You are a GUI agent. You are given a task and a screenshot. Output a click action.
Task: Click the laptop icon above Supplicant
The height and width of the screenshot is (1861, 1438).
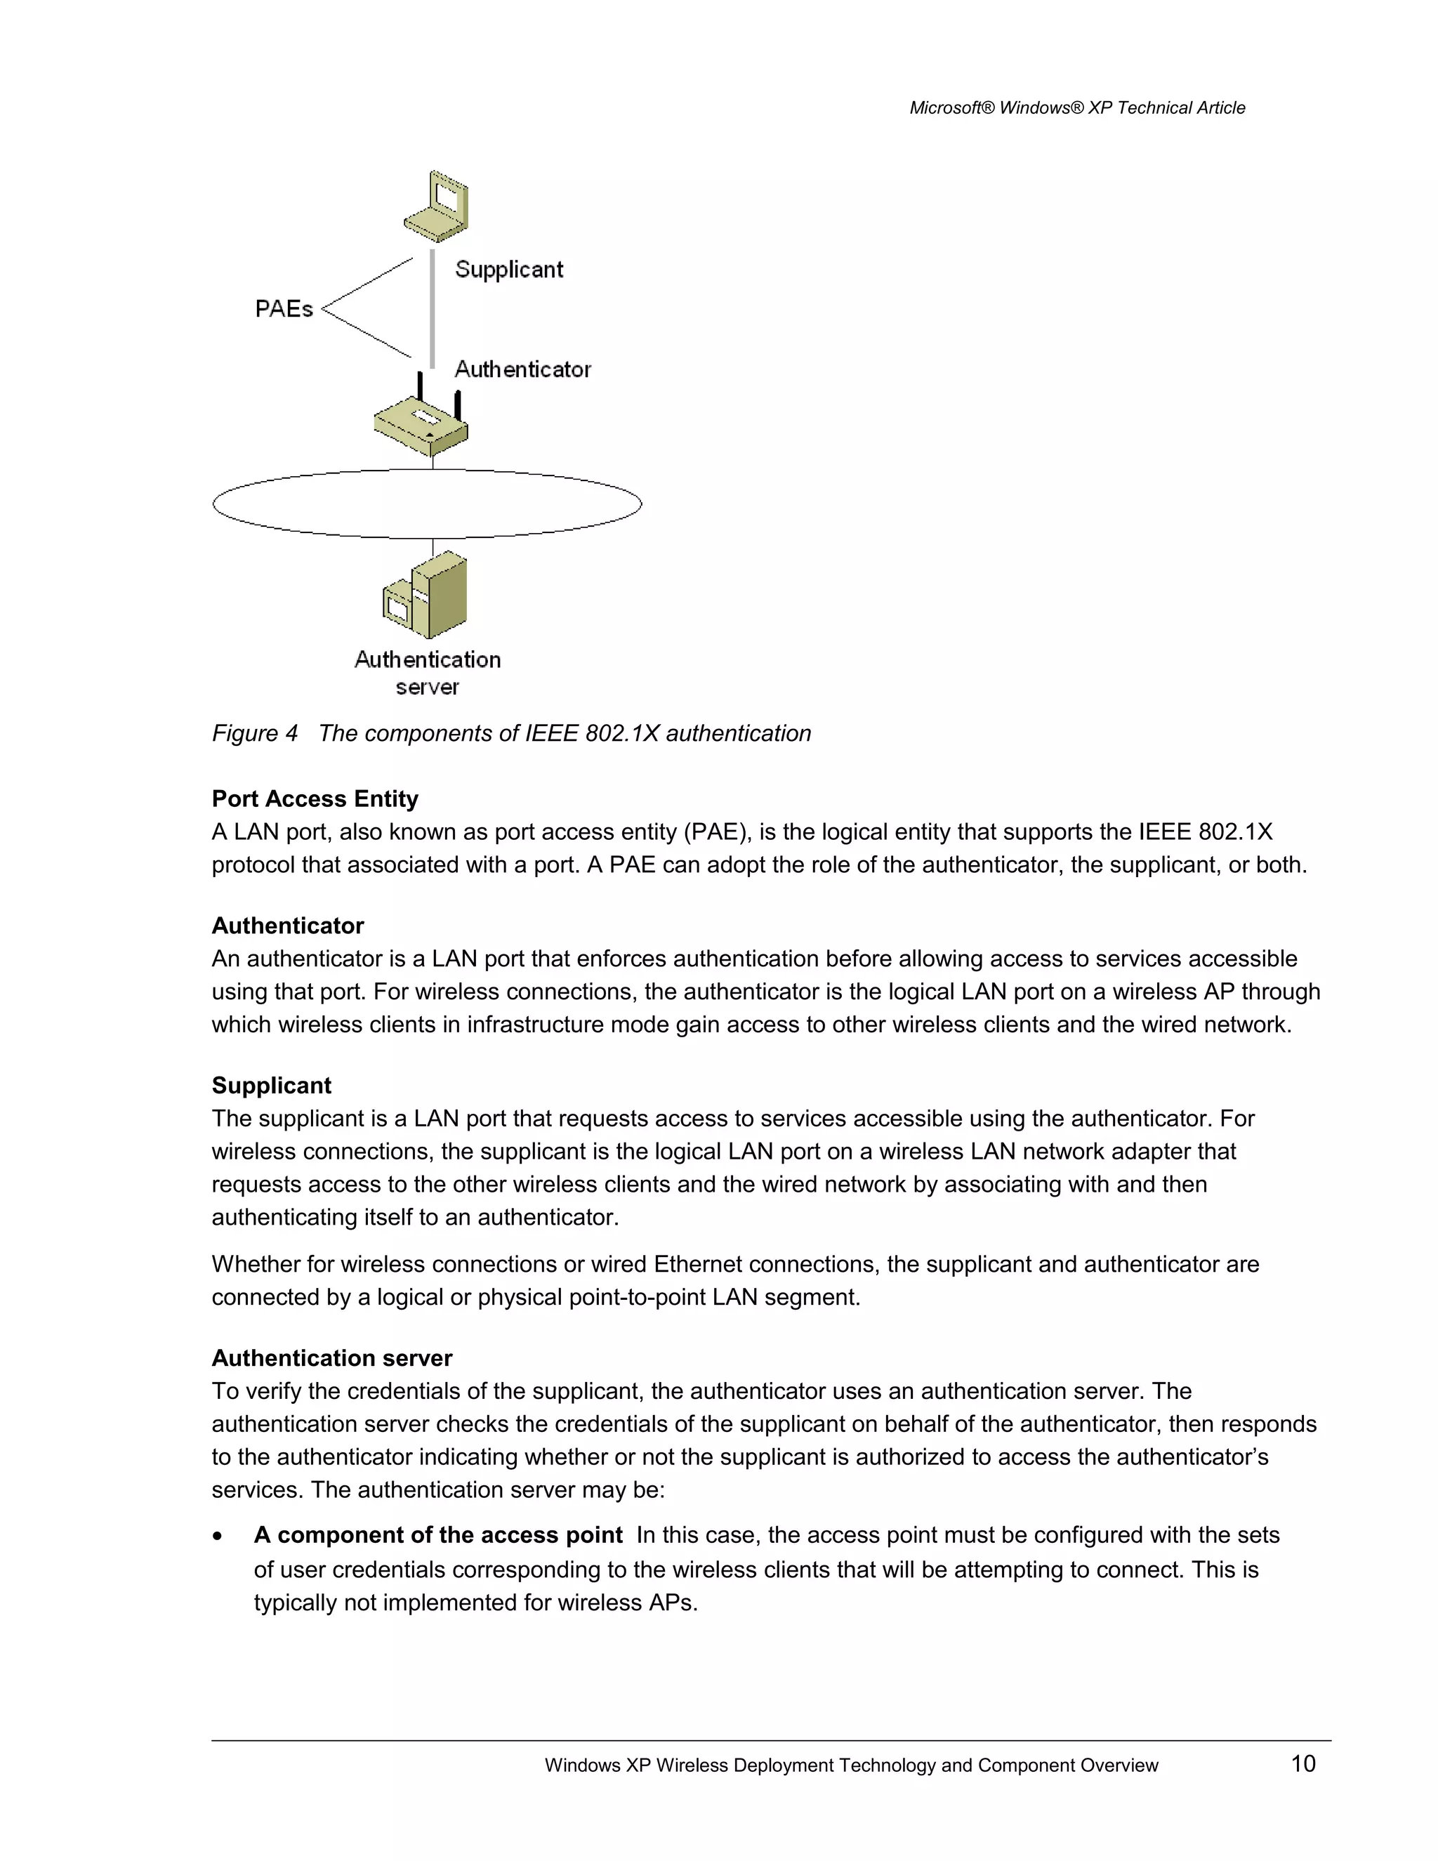click(436, 206)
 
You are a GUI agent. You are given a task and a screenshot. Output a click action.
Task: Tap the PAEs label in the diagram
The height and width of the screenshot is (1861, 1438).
click(284, 308)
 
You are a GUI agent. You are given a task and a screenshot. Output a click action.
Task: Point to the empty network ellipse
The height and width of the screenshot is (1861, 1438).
click(426, 504)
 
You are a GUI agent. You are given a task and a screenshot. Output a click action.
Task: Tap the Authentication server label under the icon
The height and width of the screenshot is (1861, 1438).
click(427, 672)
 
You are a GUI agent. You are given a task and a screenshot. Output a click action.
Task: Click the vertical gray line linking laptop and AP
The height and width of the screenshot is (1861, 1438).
click(433, 308)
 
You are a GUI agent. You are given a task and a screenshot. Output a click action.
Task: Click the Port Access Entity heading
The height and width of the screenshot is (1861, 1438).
click(315, 798)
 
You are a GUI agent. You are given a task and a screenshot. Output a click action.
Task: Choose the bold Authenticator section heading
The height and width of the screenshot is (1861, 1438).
click(287, 926)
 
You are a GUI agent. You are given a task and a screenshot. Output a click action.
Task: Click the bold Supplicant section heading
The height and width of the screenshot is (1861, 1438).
click(271, 1085)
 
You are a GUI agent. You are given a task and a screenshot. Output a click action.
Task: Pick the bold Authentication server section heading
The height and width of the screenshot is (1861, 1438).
click(331, 1357)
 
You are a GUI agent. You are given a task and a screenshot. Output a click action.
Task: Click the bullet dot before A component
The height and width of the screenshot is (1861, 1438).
click(219, 1535)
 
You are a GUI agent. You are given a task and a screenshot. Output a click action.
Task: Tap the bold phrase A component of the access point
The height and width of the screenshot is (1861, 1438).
click(438, 1534)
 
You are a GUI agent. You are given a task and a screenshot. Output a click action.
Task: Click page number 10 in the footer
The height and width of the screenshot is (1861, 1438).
click(1302, 1763)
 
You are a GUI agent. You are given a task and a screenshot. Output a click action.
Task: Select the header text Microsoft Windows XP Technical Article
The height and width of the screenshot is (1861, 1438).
click(1077, 108)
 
